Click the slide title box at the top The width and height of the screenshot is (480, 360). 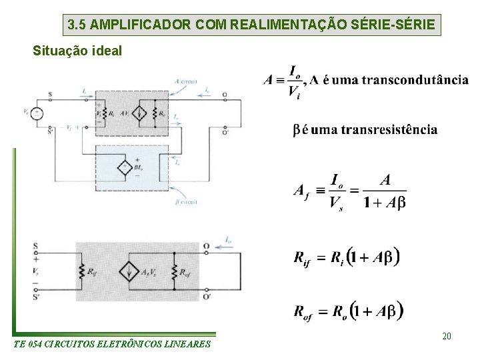[253, 25]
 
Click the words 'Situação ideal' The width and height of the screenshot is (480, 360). [77, 51]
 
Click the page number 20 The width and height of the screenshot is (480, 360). [446, 336]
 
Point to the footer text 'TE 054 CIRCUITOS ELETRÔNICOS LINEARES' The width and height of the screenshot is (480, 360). [111, 344]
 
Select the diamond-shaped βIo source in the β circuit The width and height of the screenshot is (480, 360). [125, 167]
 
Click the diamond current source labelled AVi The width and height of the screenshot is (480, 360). [139, 113]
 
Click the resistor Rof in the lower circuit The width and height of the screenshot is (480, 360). [174, 271]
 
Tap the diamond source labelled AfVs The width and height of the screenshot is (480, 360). [127, 271]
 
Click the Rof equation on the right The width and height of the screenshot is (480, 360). [348, 310]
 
